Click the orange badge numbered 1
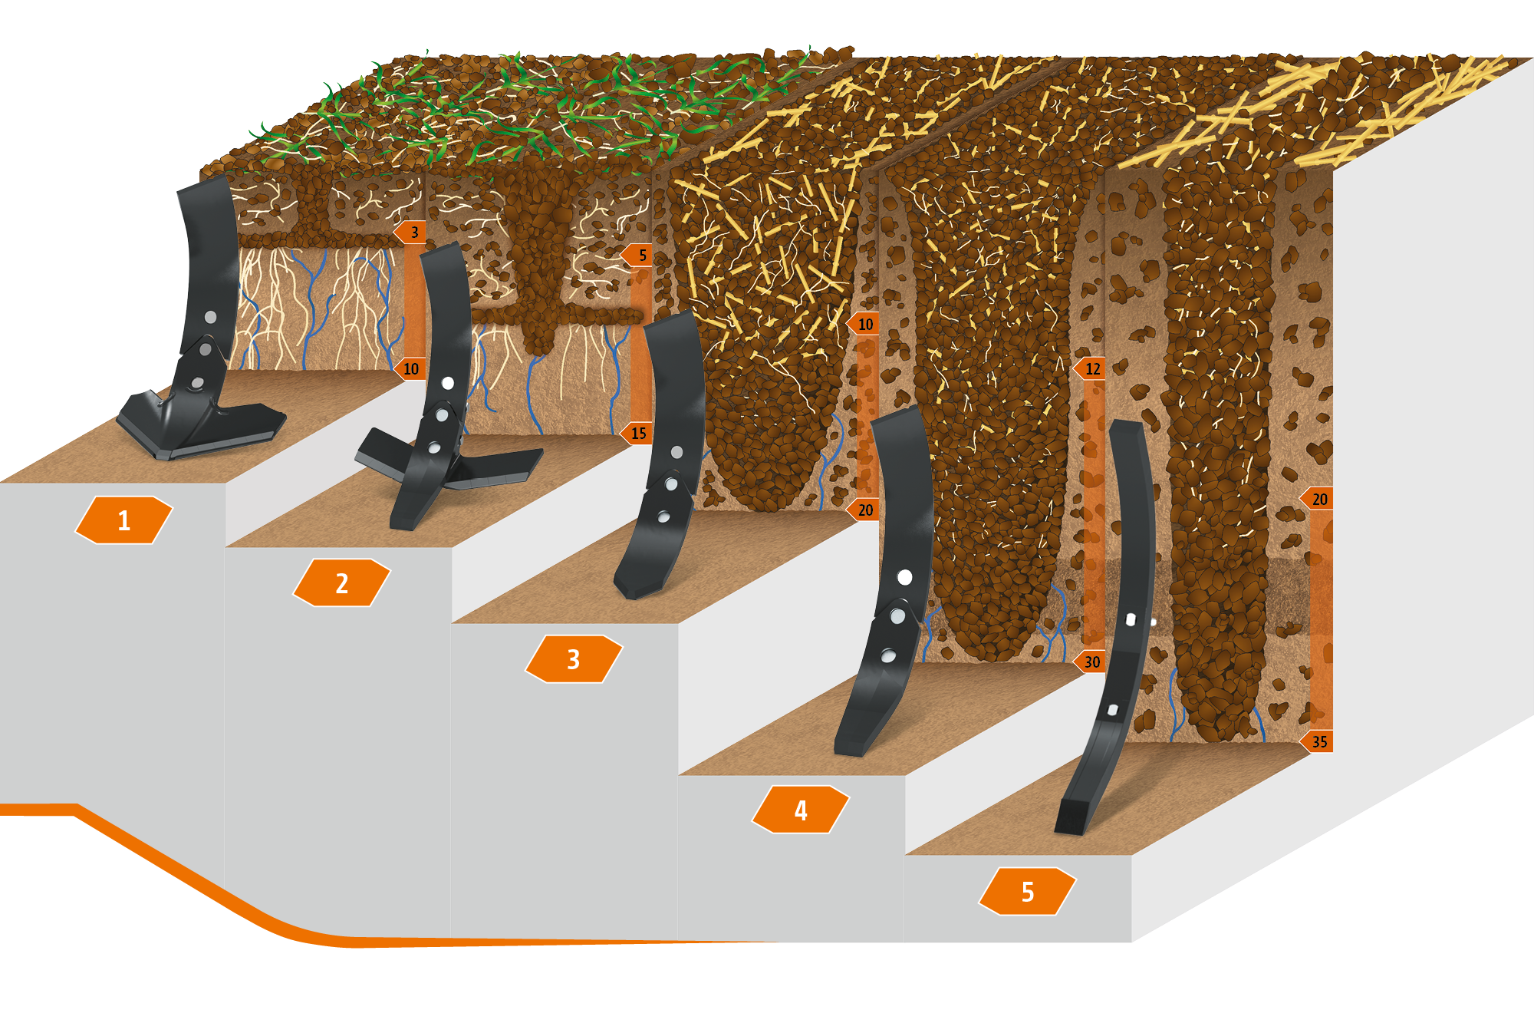pos(123,520)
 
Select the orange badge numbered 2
pos(341,583)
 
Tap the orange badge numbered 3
pos(574,659)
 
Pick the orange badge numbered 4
pos(801,810)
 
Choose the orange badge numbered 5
pos(1028,892)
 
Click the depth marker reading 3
pos(411,232)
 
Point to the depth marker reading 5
pos(639,255)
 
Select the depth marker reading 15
pos(637,433)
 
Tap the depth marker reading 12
pos(1091,368)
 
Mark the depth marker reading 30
pos(1091,662)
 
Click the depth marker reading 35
pos(1318,741)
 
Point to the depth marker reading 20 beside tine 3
pos(864,510)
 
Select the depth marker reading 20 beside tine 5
pos(1318,499)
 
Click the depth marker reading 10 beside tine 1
pos(410,368)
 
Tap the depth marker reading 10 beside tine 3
pos(864,324)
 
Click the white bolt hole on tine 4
pos(905,577)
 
